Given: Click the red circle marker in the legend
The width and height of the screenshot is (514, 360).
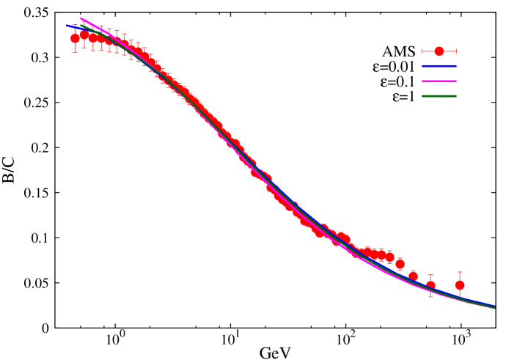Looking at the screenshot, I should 438,51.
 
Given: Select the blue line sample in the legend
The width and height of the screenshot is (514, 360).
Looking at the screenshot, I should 438,66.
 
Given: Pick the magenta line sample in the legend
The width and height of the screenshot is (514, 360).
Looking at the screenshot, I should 438,81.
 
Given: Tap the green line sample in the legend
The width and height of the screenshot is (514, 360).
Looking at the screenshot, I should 438,96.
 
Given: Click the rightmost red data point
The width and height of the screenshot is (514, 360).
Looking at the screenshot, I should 459,284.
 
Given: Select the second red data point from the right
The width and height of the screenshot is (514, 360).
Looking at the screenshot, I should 430,285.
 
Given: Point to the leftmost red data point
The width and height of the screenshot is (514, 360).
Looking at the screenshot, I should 75,38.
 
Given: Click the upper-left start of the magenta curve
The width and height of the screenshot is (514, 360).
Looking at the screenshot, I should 81,18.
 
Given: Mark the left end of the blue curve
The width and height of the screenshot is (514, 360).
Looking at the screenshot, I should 67,26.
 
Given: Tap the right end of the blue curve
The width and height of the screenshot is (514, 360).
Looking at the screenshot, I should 494,306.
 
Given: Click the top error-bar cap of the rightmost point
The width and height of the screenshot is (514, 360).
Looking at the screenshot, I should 459,272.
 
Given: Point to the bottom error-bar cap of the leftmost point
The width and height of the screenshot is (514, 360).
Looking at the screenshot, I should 75,53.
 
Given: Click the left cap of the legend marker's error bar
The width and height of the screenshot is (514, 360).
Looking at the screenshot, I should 422,51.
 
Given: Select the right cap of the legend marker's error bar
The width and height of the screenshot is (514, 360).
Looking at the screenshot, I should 456,51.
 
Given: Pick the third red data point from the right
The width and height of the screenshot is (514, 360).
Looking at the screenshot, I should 413,276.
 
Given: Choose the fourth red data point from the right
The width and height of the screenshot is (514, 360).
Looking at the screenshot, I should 400,264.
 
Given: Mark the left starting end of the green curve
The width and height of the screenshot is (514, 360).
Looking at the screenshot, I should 81,26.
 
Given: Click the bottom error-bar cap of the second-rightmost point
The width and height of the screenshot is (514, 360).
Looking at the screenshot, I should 430,296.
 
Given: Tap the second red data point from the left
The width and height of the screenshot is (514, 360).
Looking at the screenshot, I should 84,34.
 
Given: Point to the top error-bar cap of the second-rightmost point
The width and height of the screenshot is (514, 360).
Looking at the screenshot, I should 430,274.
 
